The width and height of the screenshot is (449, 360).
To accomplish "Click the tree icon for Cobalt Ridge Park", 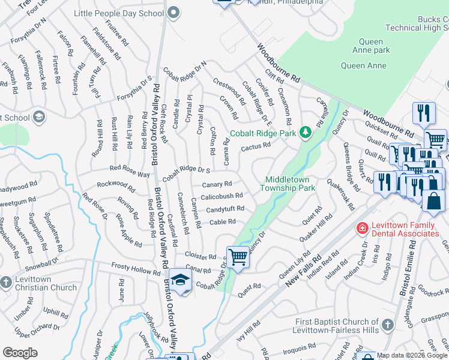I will click(305, 132).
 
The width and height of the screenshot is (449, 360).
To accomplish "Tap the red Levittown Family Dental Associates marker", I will click(361, 228).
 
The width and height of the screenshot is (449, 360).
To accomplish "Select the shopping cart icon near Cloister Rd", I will click(238, 257).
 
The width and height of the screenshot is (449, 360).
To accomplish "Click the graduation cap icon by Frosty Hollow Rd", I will click(180, 280).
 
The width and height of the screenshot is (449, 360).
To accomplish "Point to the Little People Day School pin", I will click(174, 12).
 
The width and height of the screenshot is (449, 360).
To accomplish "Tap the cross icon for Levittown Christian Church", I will click(6, 281).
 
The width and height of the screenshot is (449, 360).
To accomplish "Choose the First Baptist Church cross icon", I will click(388, 325).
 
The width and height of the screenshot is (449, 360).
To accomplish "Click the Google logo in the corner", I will click(20, 353).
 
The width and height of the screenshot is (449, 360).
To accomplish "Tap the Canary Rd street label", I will click(217, 184).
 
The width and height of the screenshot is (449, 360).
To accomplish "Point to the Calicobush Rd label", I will click(221, 196).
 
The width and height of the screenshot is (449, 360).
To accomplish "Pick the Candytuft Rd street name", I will click(225, 209).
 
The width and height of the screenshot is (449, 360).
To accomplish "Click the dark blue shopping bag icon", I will click(433, 203).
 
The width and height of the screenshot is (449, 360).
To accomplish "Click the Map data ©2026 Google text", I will click(411, 355).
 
